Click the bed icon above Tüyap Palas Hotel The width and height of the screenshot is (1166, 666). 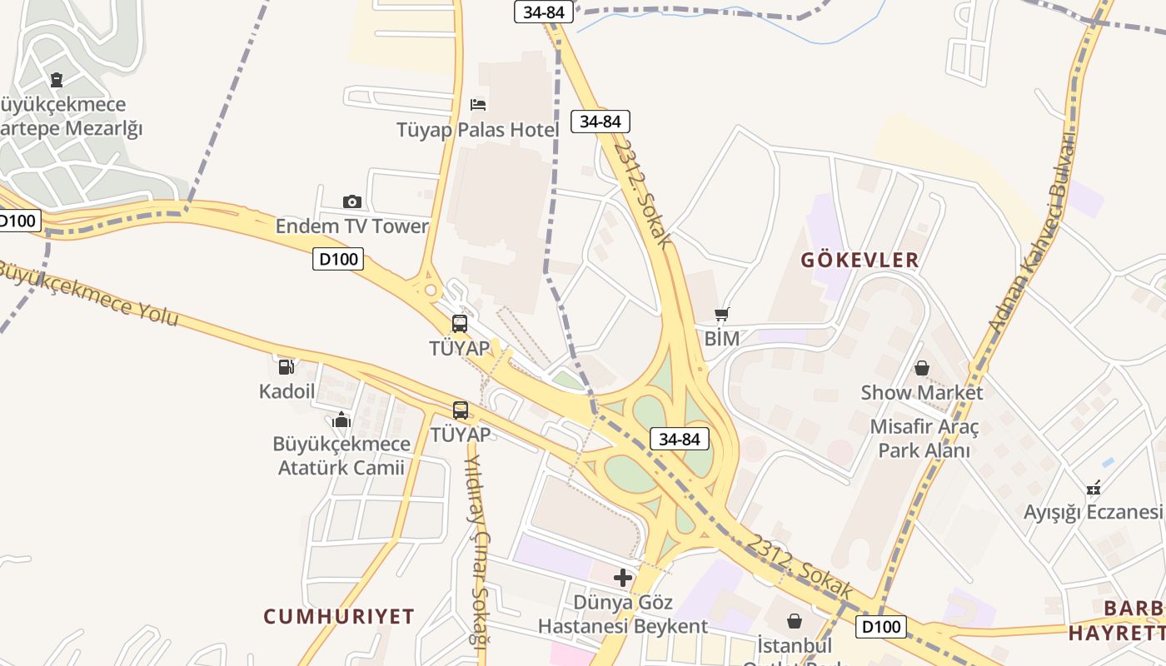pyautogui.click(x=478, y=104)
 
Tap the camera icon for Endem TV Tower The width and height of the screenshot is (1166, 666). pyautogui.click(x=352, y=201)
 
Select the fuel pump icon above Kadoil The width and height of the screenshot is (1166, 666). pyautogui.click(x=287, y=366)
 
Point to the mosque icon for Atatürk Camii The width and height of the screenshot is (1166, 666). pyautogui.click(x=341, y=420)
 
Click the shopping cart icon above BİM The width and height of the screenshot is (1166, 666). pyautogui.click(x=722, y=314)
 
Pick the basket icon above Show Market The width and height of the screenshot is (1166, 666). pyautogui.click(x=922, y=367)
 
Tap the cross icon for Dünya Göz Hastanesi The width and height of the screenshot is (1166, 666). pyautogui.click(x=623, y=578)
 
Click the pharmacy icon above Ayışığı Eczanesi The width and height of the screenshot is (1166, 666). pyautogui.click(x=1094, y=487)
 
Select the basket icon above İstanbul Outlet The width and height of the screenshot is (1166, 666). pyautogui.click(x=795, y=621)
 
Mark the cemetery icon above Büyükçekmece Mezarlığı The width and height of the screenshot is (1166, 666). pyautogui.click(x=56, y=80)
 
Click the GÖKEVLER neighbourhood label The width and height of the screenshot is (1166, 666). pyautogui.click(x=860, y=260)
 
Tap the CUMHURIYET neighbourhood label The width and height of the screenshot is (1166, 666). pyautogui.click(x=339, y=617)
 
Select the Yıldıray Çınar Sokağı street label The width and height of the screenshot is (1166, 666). pyautogui.click(x=476, y=549)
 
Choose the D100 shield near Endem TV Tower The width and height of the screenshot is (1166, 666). pyautogui.click(x=339, y=259)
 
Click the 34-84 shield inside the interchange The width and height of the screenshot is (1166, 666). pyautogui.click(x=679, y=439)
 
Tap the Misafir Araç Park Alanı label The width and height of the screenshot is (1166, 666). pyautogui.click(x=924, y=439)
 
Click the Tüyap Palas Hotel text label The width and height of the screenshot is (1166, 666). pyautogui.click(x=478, y=130)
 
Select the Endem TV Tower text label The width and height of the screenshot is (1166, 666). pyautogui.click(x=352, y=226)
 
